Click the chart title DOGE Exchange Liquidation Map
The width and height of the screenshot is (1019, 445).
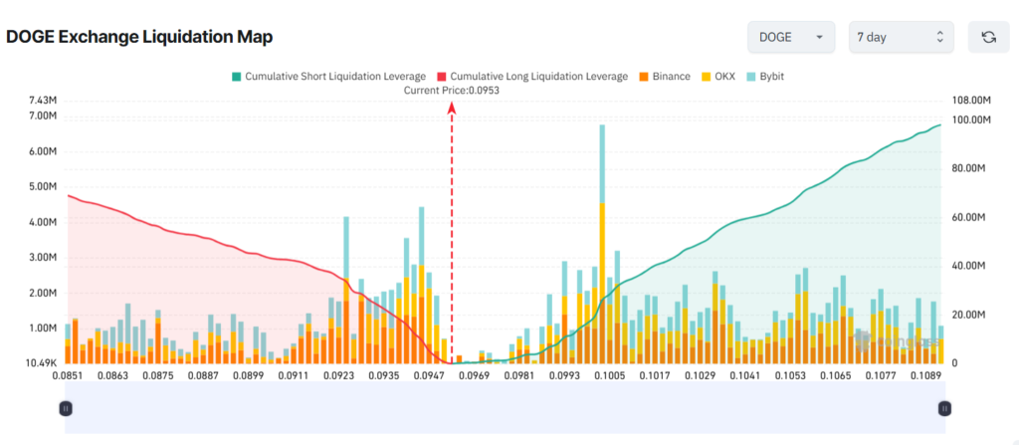[139, 37]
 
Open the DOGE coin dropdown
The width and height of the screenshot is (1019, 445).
[790, 37]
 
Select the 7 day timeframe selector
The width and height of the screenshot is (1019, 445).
[901, 37]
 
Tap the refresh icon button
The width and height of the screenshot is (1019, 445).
[988, 37]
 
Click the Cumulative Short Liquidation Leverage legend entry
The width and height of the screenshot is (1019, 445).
[327, 76]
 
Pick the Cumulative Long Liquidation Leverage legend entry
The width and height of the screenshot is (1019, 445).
[538, 76]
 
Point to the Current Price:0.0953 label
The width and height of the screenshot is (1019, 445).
[451, 91]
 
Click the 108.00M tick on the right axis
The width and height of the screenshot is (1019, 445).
[973, 101]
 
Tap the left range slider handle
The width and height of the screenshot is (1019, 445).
[66, 407]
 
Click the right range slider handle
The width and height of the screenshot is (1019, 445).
[944, 407]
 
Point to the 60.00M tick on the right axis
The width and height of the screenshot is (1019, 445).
[970, 217]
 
